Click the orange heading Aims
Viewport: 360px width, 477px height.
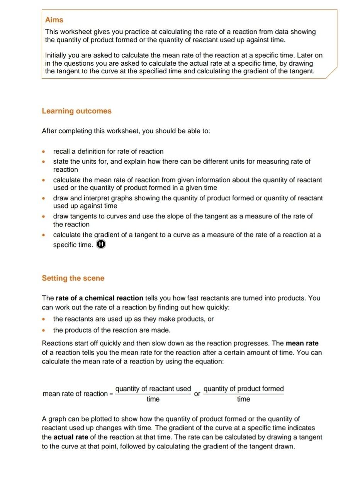click(54, 20)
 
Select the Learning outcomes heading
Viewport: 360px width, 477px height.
click(76, 111)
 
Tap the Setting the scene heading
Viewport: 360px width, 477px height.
click(73, 278)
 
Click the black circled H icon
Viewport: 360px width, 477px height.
click(101, 244)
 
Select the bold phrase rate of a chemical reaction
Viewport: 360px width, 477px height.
click(99, 298)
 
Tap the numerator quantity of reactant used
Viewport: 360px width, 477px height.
click(153, 389)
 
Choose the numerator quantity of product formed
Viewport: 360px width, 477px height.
click(243, 389)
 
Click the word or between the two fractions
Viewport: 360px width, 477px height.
click(197, 394)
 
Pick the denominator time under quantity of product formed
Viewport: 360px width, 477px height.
click(243, 399)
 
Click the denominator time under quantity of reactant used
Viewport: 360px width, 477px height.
click(153, 399)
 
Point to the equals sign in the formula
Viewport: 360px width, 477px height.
click(111, 394)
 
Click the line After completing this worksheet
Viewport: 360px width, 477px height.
click(126, 131)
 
